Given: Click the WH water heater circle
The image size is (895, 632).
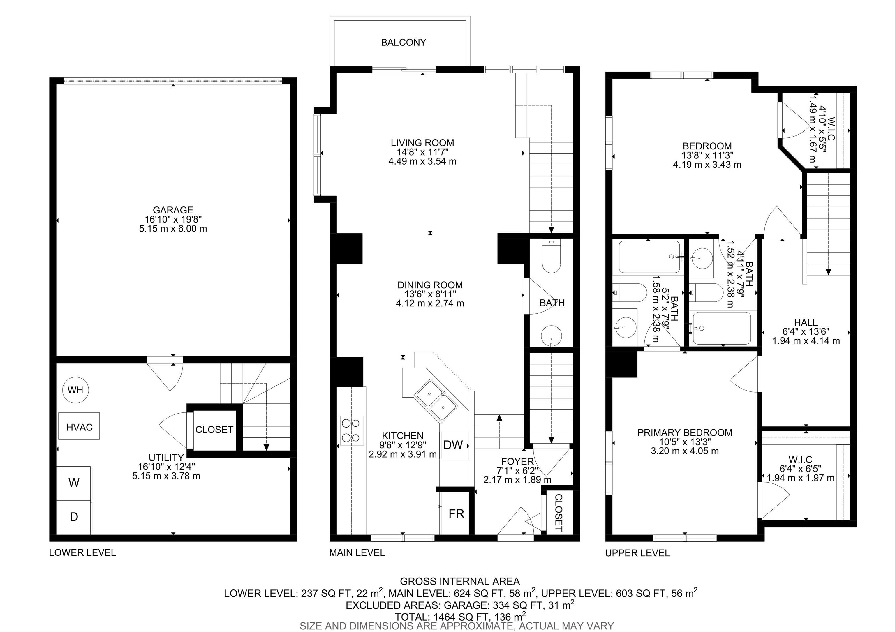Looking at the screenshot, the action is pyautogui.click(x=75, y=390).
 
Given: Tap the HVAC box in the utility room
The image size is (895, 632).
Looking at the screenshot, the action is pyautogui.click(x=79, y=426).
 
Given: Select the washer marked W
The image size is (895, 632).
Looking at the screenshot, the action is pyautogui.click(x=74, y=483).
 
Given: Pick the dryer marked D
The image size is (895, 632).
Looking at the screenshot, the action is pyautogui.click(x=74, y=517).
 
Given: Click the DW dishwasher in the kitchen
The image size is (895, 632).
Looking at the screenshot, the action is pyautogui.click(x=454, y=445).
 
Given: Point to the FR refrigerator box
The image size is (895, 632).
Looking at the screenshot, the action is pyautogui.click(x=456, y=513).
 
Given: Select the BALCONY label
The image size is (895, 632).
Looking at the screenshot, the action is pyautogui.click(x=404, y=42).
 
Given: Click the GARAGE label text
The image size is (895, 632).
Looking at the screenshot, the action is pyautogui.click(x=173, y=210).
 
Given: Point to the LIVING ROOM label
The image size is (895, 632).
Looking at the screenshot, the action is pyautogui.click(x=422, y=143).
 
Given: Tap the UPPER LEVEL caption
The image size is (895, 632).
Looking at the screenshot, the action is pyautogui.click(x=637, y=552).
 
